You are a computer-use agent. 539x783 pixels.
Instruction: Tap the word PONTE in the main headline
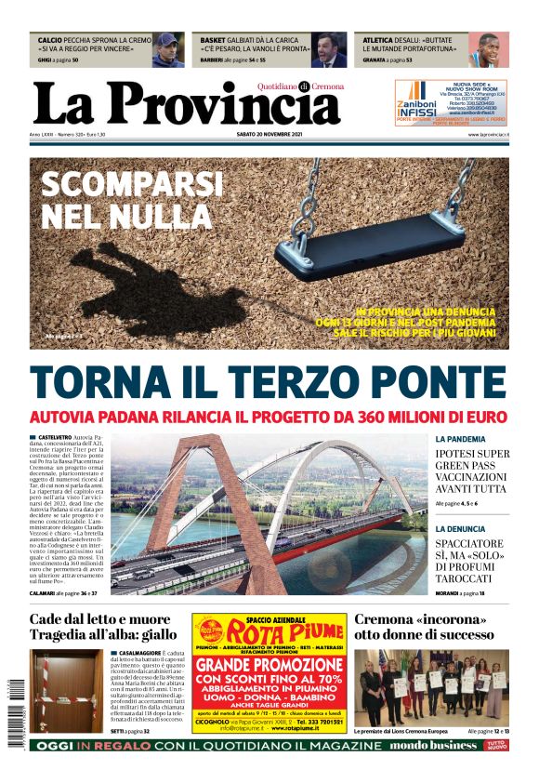(427, 381)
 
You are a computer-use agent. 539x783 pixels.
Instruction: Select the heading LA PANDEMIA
(460, 438)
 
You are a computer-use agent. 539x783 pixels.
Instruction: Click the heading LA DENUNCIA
(459, 529)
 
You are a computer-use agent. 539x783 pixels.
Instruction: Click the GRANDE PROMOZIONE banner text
(269, 666)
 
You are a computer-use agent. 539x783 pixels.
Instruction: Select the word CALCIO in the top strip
(51, 41)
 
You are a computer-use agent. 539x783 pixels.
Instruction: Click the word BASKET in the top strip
(214, 41)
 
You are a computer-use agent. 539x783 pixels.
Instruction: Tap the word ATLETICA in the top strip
(378, 41)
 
